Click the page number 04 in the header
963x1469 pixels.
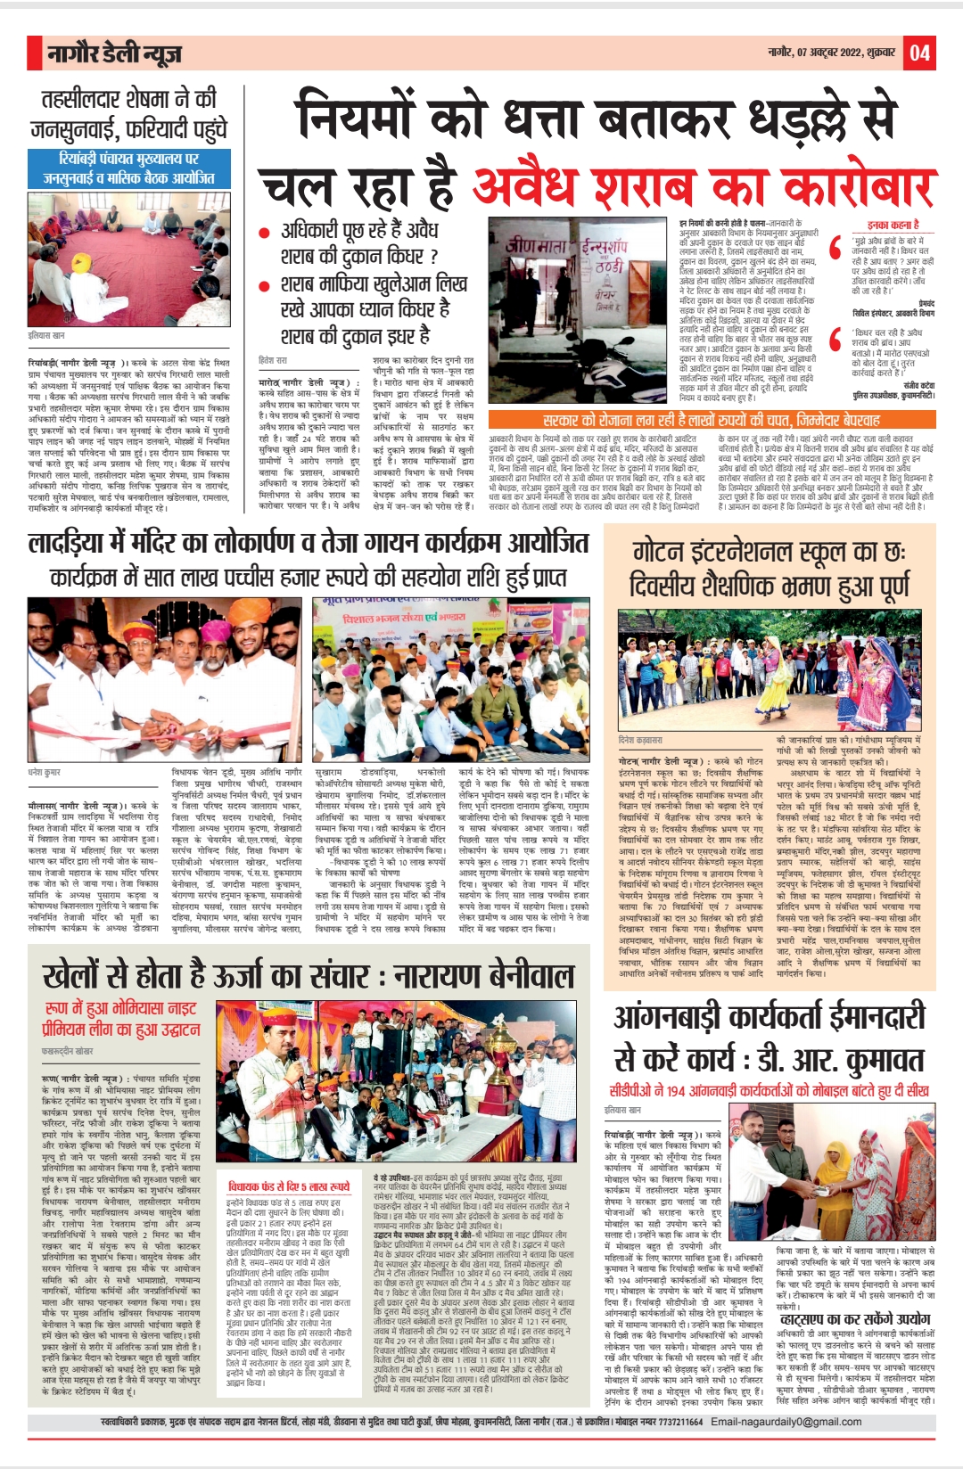pos(919,53)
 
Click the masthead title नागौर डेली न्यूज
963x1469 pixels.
pos(114,54)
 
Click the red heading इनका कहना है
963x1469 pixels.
pos(893,225)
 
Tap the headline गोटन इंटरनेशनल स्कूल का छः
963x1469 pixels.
pos(770,554)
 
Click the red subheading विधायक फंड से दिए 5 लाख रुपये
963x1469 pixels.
pos(289,1186)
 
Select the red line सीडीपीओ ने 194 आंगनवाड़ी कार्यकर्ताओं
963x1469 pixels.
pos(769,1090)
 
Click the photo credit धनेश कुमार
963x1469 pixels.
pos(45,772)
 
